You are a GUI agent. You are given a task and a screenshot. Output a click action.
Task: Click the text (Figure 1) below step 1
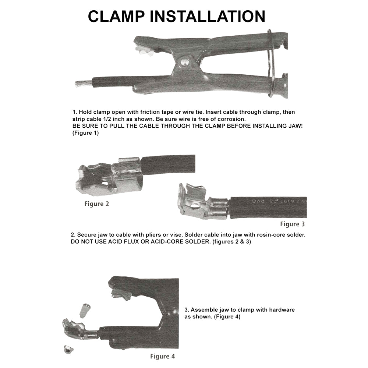tap(86, 133)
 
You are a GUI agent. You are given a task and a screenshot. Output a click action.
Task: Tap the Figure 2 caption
tap(96, 204)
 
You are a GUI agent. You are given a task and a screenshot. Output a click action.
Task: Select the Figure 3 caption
tap(293, 224)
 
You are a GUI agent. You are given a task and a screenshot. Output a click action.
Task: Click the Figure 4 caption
tap(162, 356)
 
